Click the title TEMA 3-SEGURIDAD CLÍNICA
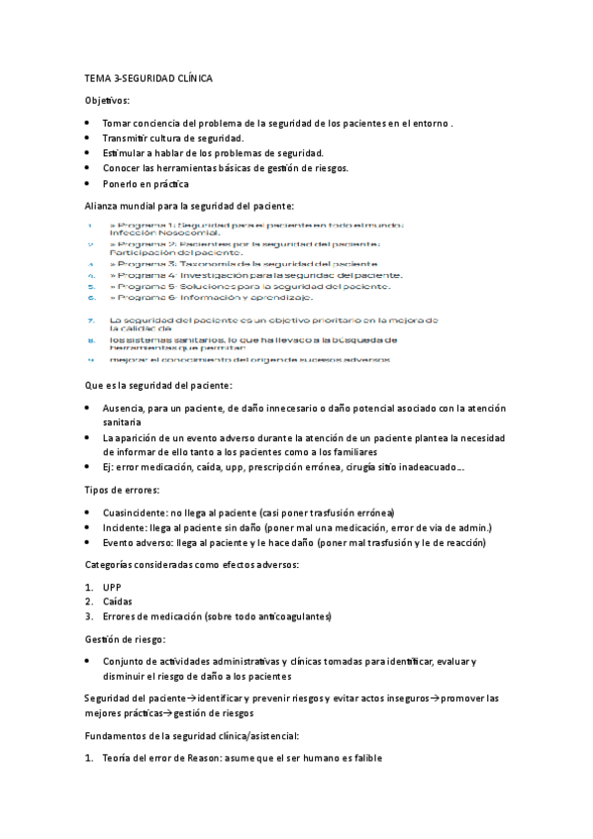click(148, 77)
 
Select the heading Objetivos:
click(107, 101)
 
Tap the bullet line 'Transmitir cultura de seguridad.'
click(173, 139)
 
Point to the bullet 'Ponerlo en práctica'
click(146, 184)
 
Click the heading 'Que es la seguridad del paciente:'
click(158, 385)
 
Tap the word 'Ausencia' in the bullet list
click(124, 408)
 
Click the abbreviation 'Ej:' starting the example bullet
click(109, 468)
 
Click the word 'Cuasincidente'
click(134, 513)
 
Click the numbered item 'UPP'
click(111, 587)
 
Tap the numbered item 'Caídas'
click(117, 602)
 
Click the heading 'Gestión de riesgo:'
click(125, 639)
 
